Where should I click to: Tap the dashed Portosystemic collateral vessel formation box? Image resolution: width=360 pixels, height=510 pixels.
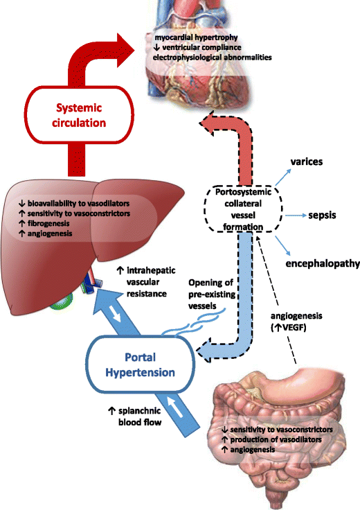(x=235, y=207)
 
